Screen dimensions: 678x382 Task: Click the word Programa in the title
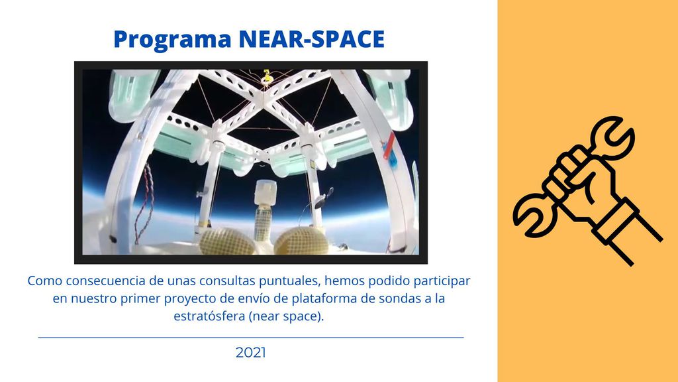[x=173, y=39]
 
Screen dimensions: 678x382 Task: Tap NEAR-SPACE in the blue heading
[x=311, y=39]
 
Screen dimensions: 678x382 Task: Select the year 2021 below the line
[x=251, y=353]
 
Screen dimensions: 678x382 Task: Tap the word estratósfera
[x=209, y=316]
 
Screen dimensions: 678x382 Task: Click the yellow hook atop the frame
[x=267, y=76]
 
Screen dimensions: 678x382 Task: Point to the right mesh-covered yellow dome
[x=302, y=241]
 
